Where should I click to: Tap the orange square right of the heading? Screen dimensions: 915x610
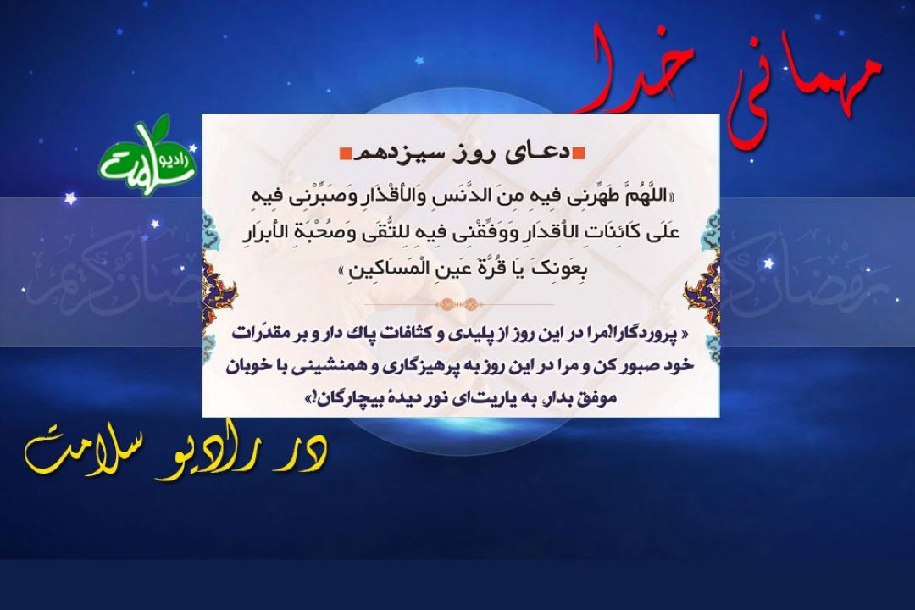click(x=579, y=153)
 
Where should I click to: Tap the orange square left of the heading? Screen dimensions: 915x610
click(x=345, y=153)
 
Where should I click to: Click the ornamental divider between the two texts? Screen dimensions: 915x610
click(x=458, y=304)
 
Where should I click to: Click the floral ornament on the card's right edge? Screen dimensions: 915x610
click(x=704, y=289)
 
